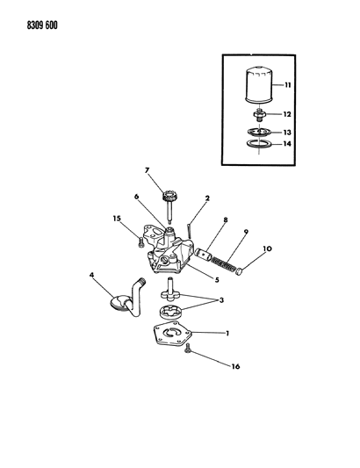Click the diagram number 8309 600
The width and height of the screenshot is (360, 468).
(x=42, y=25)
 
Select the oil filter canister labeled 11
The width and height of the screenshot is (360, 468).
(x=258, y=85)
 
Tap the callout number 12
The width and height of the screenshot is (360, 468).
(x=287, y=114)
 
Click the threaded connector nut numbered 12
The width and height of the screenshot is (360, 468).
(x=259, y=115)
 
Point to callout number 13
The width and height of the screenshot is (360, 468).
(x=287, y=133)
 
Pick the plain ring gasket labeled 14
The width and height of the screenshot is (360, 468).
(x=258, y=144)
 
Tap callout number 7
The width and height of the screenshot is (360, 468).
(x=147, y=170)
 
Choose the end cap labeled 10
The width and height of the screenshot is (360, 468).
(x=239, y=271)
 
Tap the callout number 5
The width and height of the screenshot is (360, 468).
(x=217, y=280)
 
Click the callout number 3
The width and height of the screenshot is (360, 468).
(x=221, y=300)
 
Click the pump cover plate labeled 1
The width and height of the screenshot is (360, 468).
(x=172, y=334)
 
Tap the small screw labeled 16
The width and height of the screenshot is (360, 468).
(x=188, y=349)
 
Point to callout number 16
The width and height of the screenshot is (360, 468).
(x=236, y=366)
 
